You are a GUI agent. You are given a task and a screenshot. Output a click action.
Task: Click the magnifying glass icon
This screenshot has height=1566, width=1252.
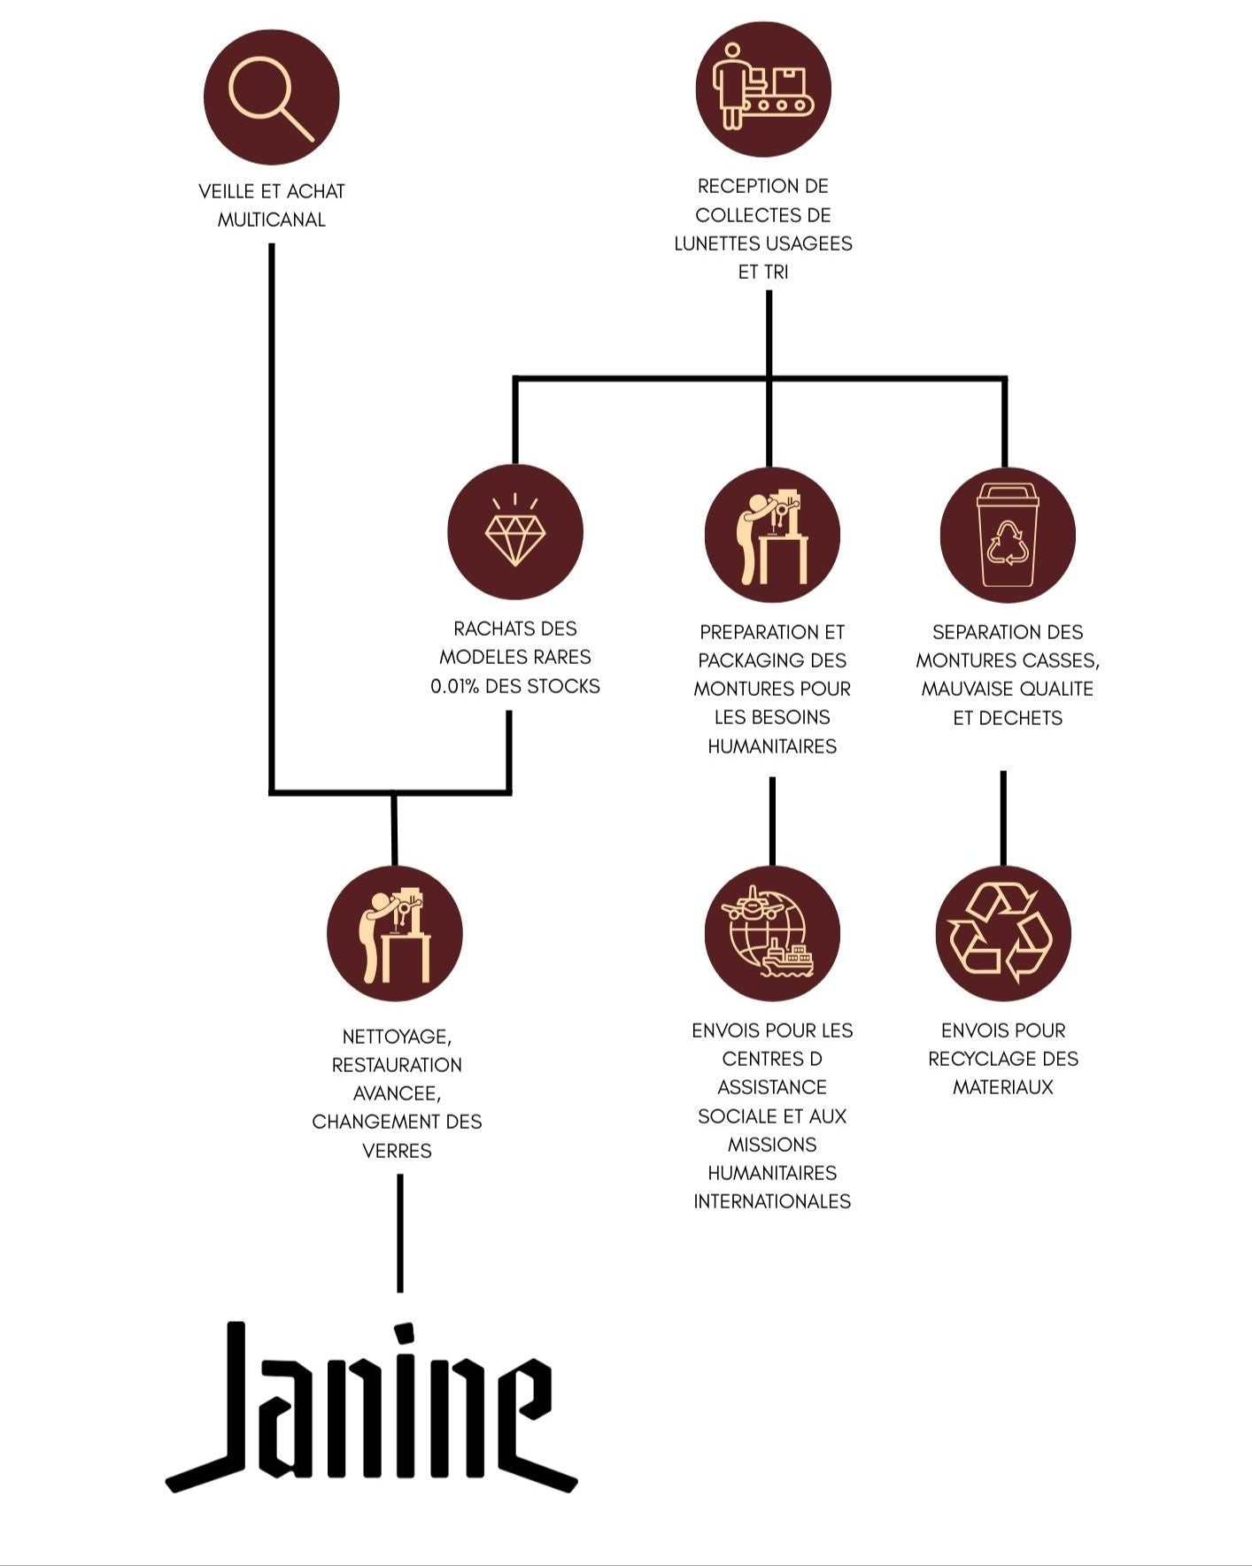pyautogui.click(x=271, y=97)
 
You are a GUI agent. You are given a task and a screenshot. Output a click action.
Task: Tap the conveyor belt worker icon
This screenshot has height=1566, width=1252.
pyautogui.click(x=763, y=89)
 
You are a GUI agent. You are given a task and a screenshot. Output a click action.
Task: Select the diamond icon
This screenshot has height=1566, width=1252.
pyautogui.click(x=515, y=533)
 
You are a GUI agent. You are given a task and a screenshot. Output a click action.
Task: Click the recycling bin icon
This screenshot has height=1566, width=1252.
pyautogui.click(x=1008, y=536)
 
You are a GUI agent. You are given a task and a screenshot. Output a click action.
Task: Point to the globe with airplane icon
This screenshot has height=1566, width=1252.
pyautogui.click(x=772, y=934)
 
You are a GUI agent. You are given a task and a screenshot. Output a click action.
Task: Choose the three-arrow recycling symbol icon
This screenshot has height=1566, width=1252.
pyautogui.click(x=1003, y=934)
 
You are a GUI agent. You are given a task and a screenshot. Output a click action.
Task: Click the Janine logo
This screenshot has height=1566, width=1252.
pyautogui.click(x=372, y=1408)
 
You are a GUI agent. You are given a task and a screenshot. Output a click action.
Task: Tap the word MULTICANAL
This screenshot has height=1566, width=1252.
pyautogui.click(x=271, y=220)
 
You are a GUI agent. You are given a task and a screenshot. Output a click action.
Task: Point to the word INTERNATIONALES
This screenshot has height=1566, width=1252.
pyautogui.click(x=772, y=1201)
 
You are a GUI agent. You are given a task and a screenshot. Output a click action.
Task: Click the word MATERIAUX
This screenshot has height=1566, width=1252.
pyautogui.click(x=1003, y=1087)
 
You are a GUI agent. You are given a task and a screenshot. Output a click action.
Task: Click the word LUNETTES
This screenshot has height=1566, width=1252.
pyautogui.click(x=717, y=243)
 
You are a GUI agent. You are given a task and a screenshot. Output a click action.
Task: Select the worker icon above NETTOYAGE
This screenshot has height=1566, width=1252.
pyautogui.click(x=395, y=934)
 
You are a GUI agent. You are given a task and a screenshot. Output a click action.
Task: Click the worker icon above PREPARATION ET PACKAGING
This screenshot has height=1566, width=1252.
pyautogui.click(x=772, y=536)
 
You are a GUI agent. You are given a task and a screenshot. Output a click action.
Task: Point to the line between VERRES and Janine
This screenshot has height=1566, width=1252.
pyautogui.click(x=400, y=1232)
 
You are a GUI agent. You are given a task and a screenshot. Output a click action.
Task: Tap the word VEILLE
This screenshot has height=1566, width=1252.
pyautogui.click(x=225, y=191)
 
